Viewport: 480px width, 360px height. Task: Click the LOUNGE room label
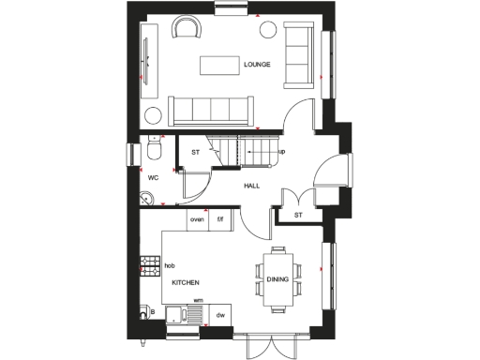257,65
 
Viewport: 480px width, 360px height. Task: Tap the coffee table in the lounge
217,65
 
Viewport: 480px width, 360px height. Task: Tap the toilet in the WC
155,151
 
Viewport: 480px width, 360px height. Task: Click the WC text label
153,175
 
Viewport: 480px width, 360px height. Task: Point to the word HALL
251,186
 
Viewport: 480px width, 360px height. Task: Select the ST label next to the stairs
196,151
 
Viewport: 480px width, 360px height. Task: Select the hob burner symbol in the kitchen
147,266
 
